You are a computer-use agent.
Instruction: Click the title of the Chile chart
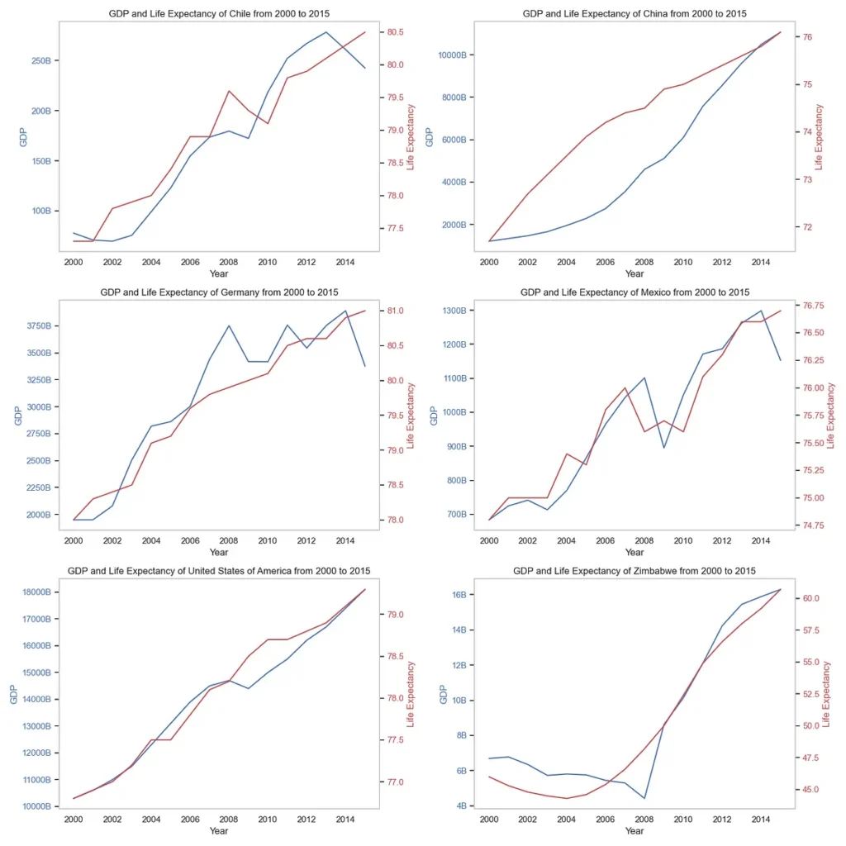[219, 13]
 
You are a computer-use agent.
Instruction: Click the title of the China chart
[634, 13]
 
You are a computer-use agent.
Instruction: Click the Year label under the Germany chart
[219, 552]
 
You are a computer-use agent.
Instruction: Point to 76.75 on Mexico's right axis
[814, 305]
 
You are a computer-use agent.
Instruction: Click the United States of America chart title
[219, 571]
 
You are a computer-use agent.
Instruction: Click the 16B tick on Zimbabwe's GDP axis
[461, 595]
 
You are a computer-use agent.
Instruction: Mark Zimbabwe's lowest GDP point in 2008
[644, 798]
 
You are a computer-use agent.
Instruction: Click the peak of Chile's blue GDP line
[326, 32]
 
